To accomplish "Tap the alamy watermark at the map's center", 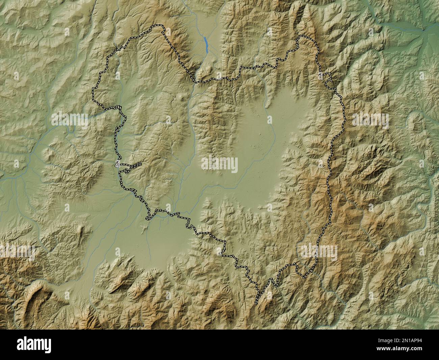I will pos(219,165).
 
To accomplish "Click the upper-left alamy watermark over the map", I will pos(70,121).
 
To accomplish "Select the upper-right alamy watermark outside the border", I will pos(370,121).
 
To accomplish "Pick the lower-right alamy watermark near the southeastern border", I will pos(319,252).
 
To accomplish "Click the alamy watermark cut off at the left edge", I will pos(17,252).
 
